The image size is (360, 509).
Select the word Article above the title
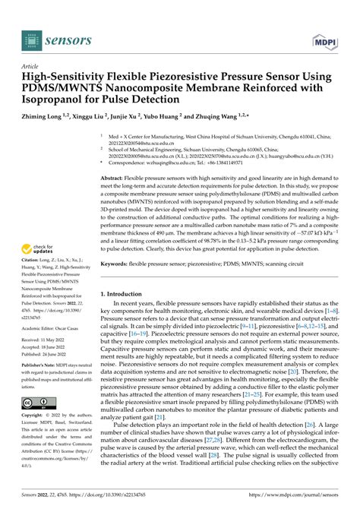click(33, 67)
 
